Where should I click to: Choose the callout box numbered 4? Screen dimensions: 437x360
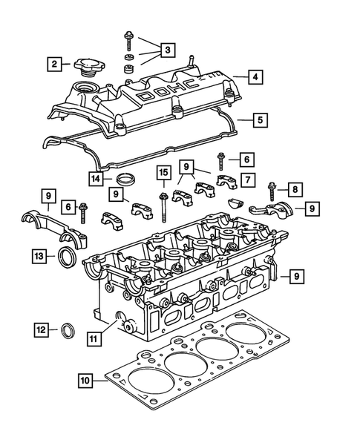(255, 76)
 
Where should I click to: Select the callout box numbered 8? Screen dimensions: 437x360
(295, 190)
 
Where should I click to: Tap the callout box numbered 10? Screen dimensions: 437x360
(87, 382)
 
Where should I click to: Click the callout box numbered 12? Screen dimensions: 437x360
(42, 329)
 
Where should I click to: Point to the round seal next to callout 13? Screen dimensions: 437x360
(66, 258)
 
